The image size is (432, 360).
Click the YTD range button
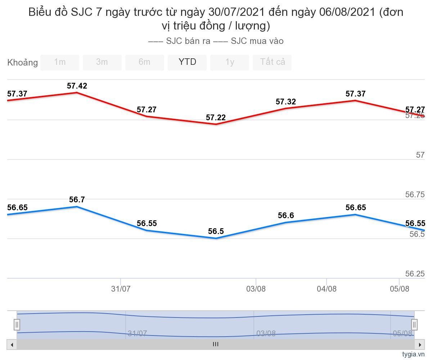[187, 62]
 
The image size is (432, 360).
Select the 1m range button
[60, 62]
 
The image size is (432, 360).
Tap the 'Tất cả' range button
[272, 62]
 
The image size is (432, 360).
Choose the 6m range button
[144, 62]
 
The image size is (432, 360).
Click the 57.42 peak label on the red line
[77, 86]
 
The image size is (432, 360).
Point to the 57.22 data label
[216, 118]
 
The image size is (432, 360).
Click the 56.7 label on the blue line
[77, 200]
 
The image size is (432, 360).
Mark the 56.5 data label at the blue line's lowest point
[216, 231]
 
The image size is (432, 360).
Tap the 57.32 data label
[286, 102]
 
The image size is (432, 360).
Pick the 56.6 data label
[286, 216]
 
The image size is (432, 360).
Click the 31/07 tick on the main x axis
[121, 289]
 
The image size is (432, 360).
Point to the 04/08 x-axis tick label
[327, 289]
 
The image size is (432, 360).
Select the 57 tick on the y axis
[420, 155]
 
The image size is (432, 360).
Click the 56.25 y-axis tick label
[415, 274]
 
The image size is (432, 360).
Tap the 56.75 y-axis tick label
[415, 195]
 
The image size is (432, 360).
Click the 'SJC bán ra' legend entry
[180, 41]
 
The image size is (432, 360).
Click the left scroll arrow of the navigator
[12, 345]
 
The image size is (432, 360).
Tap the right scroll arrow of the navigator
[419, 345]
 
